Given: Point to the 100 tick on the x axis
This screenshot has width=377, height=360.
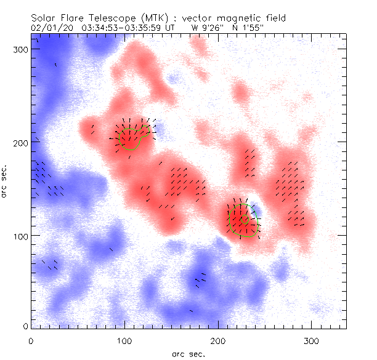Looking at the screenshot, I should [124, 340].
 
